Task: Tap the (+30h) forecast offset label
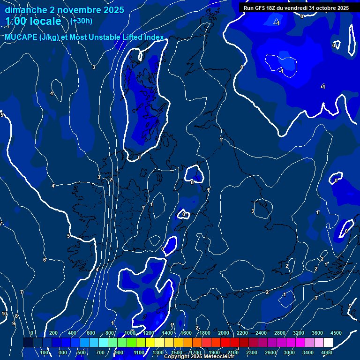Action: click(81, 21)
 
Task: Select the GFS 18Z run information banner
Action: click(296, 8)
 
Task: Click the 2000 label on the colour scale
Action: click(224, 333)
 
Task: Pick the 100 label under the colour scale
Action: click(44, 352)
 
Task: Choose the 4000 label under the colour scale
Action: click(327, 352)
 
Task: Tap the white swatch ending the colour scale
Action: click(328, 343)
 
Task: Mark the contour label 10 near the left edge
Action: click(4, 314)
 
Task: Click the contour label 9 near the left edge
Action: click(14, 323)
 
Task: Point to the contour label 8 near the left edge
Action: click(16, 316)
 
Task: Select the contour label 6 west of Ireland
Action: click(45, 260)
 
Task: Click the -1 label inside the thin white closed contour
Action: click(281, 71)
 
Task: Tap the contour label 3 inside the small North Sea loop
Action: click(253, 211)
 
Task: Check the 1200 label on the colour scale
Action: click(149, 333)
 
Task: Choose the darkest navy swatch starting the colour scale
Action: click(28, 343)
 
